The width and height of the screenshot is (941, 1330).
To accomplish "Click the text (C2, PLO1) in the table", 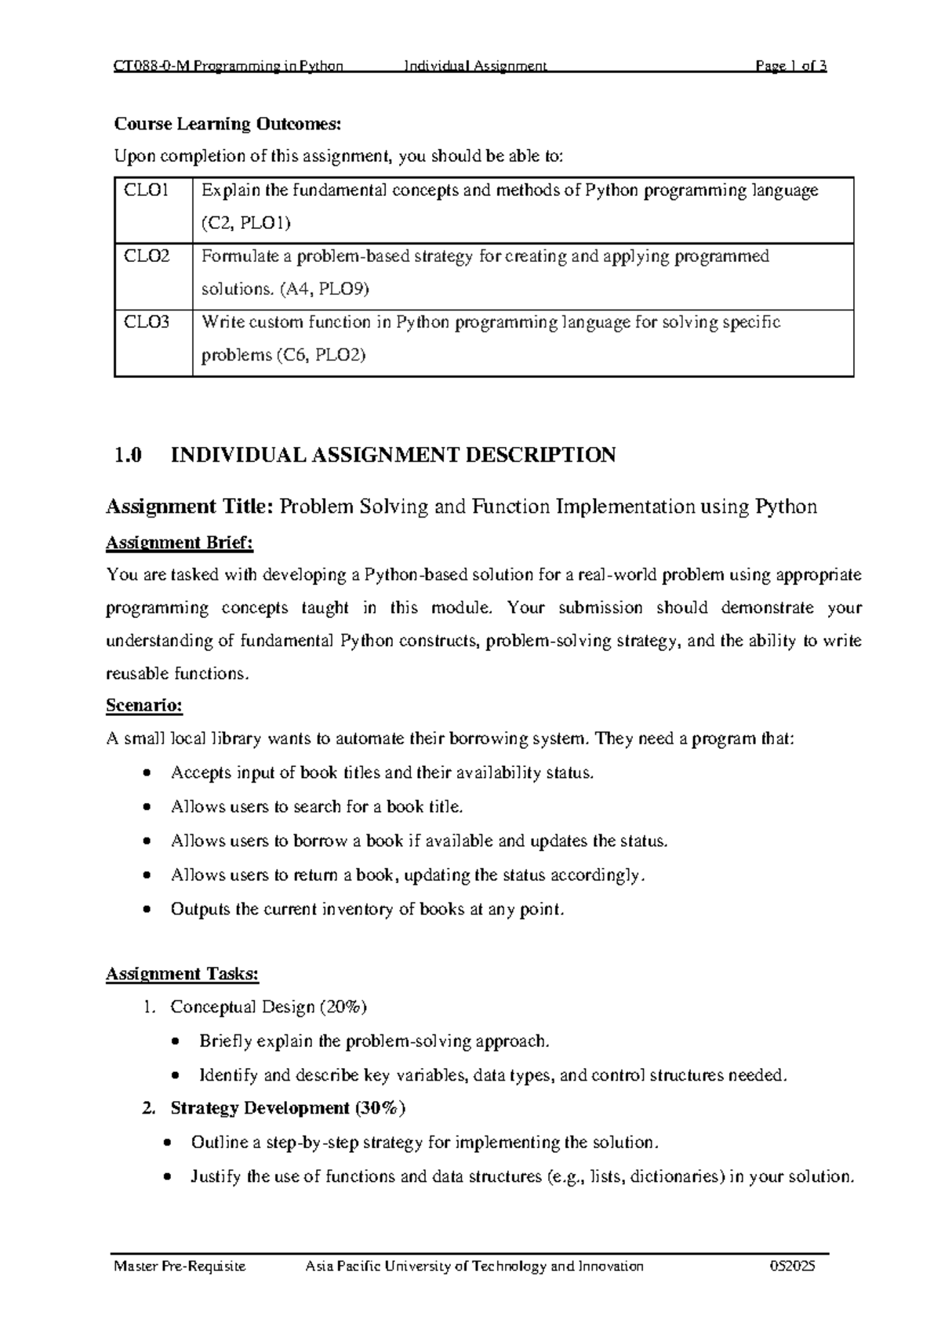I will click(x=245, y=223).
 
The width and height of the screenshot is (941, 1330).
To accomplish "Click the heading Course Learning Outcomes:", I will click(x=228, y=124).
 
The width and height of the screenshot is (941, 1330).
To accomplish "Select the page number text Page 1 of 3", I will click(x=790, y=66).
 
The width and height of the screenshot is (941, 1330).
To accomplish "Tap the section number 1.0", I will click(x=128, y=455).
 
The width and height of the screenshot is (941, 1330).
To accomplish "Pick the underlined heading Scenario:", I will click(x=144, y=706).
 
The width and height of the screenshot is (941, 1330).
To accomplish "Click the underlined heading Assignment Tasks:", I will click(x=182, y=974).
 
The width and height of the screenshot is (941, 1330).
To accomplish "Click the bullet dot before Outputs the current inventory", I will click(x=147, y=910).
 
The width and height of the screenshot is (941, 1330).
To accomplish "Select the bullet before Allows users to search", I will click(x=147, y=808).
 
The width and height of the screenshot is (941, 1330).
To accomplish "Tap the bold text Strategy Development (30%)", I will click(x=288, y=1108).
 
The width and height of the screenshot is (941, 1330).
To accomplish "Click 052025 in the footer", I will click(x=794, y=1266).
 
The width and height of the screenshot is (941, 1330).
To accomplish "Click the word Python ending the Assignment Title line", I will click(x=786, y=507).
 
